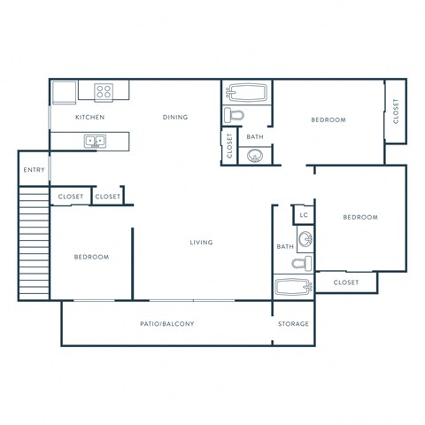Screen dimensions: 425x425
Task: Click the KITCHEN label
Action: click(x=89, y=117)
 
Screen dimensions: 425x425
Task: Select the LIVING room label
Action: click(x=201, y=242)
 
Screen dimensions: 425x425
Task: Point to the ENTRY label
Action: click(x=34, y=170)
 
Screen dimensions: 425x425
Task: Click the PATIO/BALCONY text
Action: click(x=166, y=324)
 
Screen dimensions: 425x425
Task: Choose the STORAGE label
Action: click(x=294, y=324)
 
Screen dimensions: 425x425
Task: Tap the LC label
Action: click(x=304, y=215)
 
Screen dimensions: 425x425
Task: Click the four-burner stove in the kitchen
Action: click(x=104, y=90)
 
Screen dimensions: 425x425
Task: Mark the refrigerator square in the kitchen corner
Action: click(x=63, y=92)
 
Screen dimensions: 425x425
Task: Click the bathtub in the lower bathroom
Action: click(x=293, y=286)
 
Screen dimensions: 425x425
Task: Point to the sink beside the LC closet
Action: click(x=305, y=238)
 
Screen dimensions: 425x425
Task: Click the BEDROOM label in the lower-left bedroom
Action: click(x=90, y=257)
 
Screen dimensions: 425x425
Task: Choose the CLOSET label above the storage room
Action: click(x=345, y=282)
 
